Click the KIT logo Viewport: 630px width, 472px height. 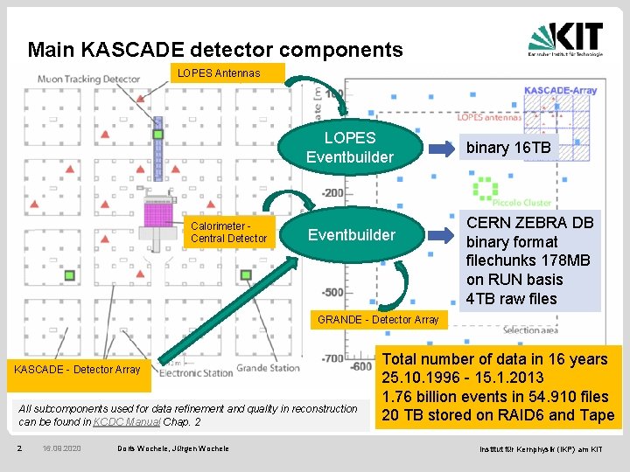565,38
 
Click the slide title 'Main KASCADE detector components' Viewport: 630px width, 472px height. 215,50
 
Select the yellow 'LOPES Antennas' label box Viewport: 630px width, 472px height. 219,73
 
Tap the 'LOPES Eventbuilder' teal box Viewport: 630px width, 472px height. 350,148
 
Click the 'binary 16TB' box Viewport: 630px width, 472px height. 508,148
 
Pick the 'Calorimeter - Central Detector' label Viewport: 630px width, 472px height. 229,232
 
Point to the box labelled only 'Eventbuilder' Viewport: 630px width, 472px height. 350,234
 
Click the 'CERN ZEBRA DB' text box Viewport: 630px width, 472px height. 530,260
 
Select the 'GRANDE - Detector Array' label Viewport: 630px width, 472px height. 378,320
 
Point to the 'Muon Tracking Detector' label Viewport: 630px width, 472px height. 88,80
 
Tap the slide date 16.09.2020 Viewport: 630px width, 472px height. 61,448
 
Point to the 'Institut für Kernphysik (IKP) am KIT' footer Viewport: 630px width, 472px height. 541,448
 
